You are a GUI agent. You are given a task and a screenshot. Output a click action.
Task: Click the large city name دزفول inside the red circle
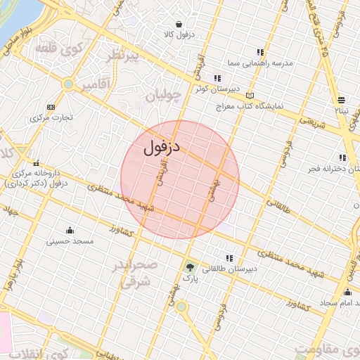point(162,148)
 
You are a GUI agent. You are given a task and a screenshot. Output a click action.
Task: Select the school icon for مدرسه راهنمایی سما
point(260,52)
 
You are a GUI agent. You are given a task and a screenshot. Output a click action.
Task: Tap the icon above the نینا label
point(341,99)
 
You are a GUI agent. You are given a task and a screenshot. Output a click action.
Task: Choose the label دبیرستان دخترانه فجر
point(324,169)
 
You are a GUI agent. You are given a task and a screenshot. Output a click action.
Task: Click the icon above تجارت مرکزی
point(50,107)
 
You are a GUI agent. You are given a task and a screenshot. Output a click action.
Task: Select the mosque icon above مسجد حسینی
point(70,230)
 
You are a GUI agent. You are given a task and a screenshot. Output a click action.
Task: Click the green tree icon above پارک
point(188,267)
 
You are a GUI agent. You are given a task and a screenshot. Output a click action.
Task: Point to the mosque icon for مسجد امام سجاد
point(347,292)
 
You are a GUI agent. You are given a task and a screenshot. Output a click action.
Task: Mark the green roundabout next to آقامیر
point(68,84)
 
